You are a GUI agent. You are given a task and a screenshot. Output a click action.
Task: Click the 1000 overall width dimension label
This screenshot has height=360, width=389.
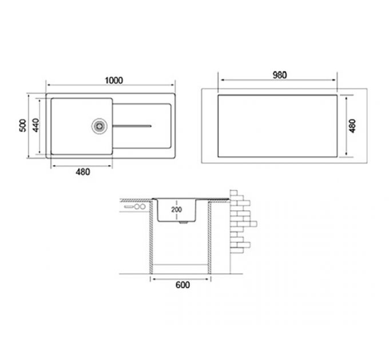tap(114, 81)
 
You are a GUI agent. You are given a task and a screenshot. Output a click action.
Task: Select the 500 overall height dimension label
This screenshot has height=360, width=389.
tap(23, 125)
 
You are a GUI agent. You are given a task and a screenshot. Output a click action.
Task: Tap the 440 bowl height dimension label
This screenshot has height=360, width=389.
tap(35, 125)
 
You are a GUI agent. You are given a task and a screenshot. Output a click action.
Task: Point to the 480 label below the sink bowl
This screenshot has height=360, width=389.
tap(82, 171)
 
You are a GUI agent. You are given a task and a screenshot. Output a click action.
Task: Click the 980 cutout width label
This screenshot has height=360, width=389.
tap(279, 75)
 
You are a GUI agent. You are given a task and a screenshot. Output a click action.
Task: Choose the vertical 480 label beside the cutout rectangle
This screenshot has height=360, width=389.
tap(352, 125)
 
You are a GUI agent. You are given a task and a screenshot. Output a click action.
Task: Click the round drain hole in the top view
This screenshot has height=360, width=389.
tap(100, 125)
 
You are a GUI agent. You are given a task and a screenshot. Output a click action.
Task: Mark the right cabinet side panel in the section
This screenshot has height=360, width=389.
tap(209, 237)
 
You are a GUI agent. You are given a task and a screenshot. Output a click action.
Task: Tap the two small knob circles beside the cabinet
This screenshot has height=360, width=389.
tap(138, 210)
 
